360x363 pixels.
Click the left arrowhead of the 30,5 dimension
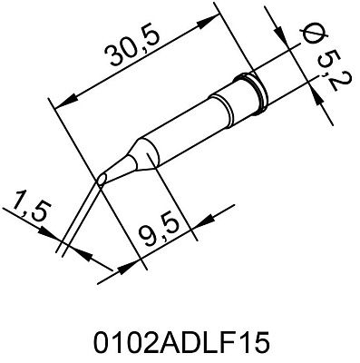(62, 105)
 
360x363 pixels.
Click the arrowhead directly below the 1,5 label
(52, 243)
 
